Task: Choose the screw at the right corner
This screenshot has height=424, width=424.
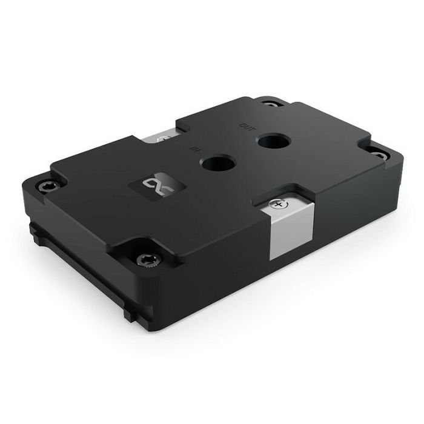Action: pyautogui.click(x=376, y=155)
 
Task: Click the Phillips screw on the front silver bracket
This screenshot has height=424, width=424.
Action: pyautogui.click(x=279, y=205)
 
